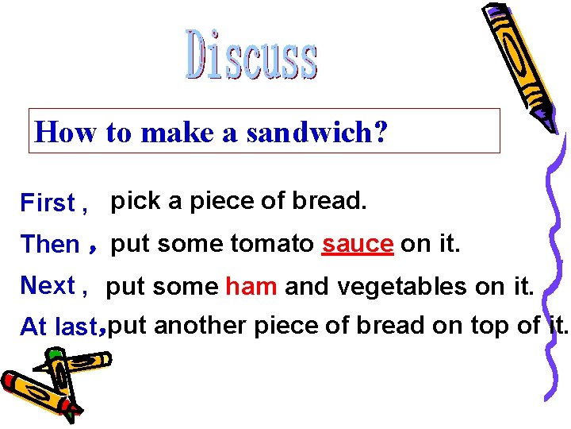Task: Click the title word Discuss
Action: coord(252,55)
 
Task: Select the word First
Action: coord(48,203)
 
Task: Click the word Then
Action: coord(50,245)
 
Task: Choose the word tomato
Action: coord(272,244)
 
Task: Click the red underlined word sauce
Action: coord(358,244)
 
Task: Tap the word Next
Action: coord(48,285)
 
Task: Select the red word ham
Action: coord(251,286)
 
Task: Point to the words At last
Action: coord(60,327)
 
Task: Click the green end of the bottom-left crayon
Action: coord(72,412)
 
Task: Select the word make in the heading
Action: coord(167,132)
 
